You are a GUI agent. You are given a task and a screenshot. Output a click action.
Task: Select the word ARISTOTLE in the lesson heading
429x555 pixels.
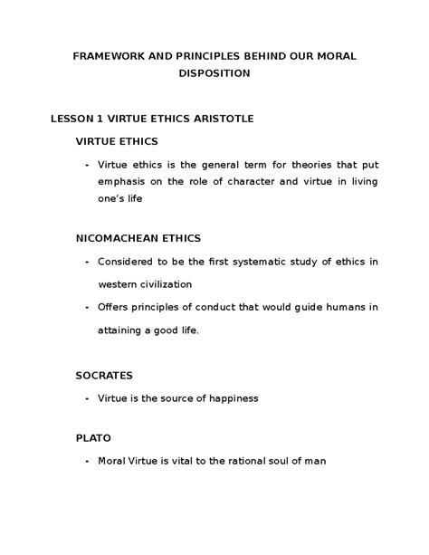click(229, 118)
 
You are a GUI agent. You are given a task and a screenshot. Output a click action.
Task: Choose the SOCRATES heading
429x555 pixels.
click(104, 374)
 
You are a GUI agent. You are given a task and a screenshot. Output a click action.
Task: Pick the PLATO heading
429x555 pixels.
click(92, 437)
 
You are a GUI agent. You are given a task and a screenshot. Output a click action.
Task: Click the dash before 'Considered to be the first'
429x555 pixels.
click(86, 262)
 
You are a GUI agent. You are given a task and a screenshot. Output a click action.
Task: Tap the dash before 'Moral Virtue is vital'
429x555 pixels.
click(86, 461)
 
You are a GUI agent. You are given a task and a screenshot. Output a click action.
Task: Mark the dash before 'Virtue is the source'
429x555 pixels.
click(86, 397)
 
